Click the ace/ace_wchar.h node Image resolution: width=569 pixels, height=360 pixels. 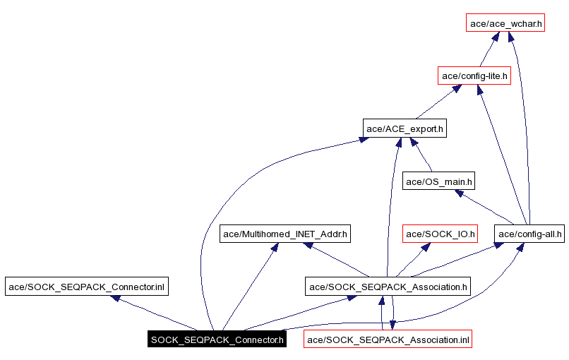coord(505,23)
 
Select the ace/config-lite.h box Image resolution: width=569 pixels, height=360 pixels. coord(474,76)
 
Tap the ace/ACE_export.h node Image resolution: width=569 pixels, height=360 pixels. coord(405,128)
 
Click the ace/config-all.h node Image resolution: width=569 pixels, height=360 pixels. coord(529,234)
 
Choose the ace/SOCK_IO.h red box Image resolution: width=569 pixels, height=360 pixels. coord(441,234)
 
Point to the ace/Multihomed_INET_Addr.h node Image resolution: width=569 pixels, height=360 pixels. coord(285,234)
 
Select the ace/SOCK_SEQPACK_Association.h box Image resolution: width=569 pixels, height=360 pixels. coord(388,287)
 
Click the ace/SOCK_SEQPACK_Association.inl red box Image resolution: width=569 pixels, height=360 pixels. coord(388,340)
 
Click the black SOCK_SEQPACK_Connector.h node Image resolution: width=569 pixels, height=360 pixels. coord(217,340)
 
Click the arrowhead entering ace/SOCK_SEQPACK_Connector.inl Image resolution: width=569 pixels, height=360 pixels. coord(116,299)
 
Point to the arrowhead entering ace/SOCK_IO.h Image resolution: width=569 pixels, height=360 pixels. coord(426,247)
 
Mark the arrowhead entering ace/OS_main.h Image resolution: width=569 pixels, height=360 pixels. coord(458,193)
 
